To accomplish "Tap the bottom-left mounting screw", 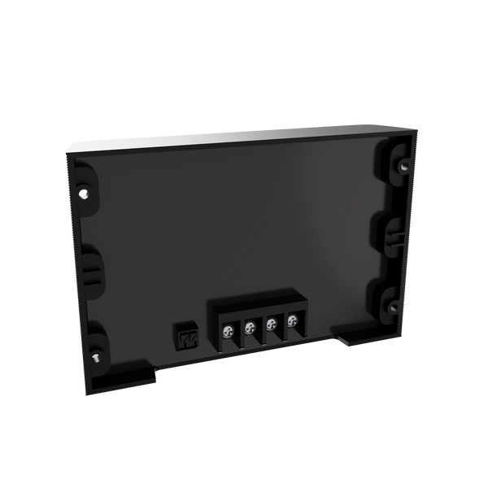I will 96,355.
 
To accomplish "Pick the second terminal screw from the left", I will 250,328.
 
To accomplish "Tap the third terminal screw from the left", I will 270,325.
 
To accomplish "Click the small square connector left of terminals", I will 186,337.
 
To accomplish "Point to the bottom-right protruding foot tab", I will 359,335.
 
